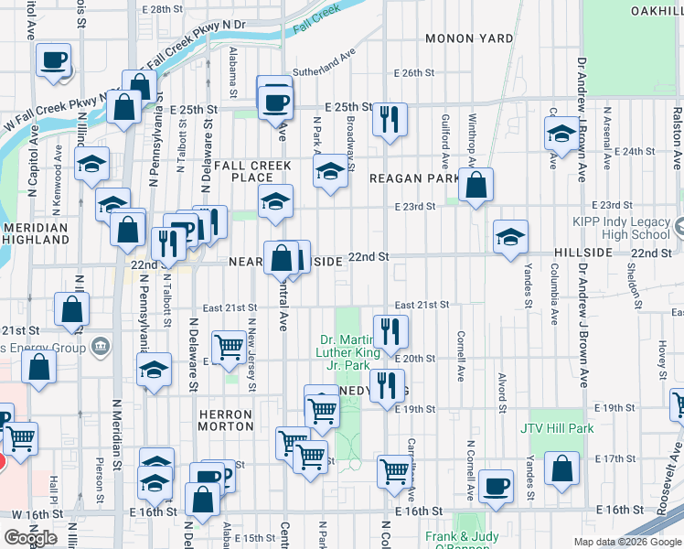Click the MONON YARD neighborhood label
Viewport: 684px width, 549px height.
(x=468, y=38)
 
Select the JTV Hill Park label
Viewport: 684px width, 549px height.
(x=557, y=428)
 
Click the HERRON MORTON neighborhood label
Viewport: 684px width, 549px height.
(x=225, y=421)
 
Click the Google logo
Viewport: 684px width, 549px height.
(x=30, y=537)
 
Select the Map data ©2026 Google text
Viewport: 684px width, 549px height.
(x=627, y=542)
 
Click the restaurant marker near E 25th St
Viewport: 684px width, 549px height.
(x=390, y=119)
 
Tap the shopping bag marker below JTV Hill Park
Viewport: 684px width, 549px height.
(x=561, y=467)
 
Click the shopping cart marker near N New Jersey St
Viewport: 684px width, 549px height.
(x=229, y=346)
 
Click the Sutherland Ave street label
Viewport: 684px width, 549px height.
(x=323, y=67)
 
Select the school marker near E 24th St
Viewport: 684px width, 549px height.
(x=562, y=135)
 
